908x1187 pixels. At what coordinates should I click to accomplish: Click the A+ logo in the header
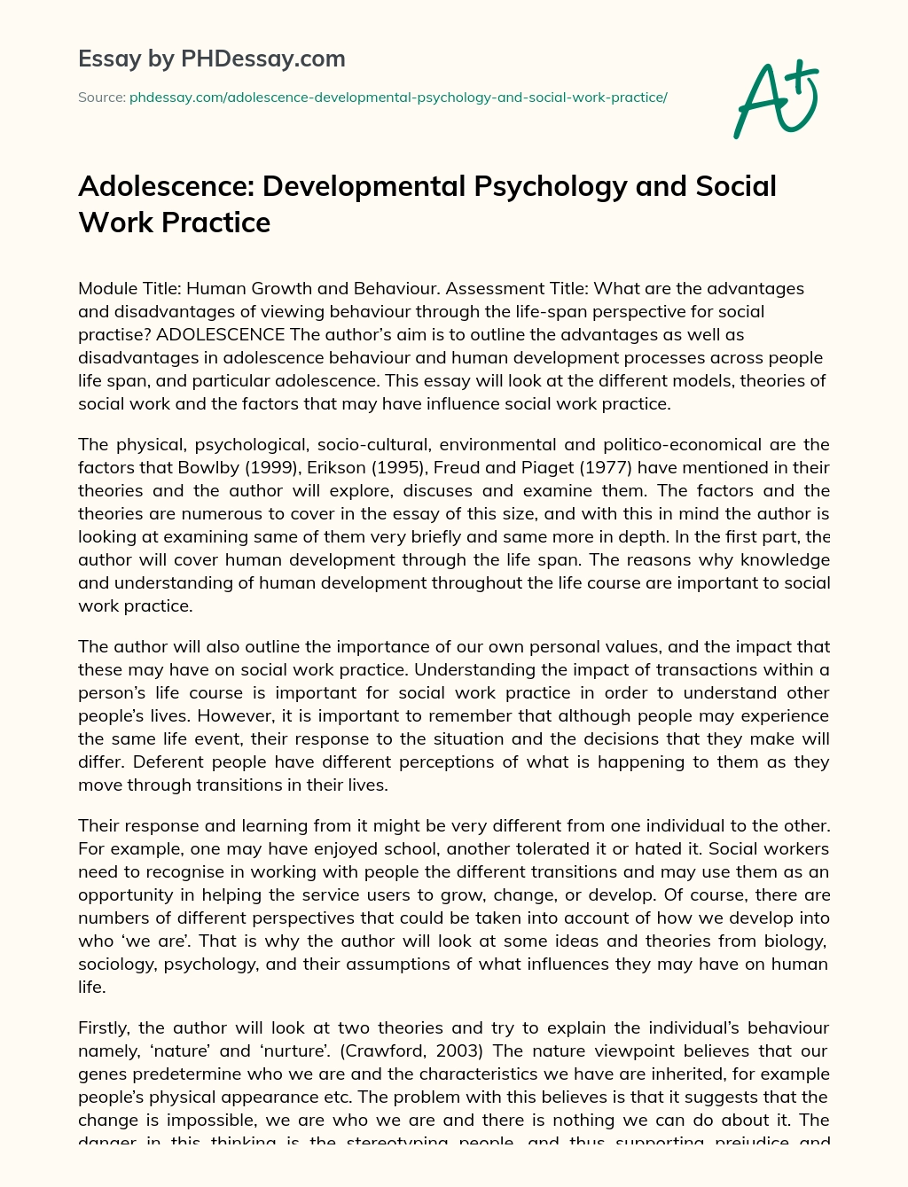click(775, 99)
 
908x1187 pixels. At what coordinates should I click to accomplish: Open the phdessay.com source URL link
click(398, 97)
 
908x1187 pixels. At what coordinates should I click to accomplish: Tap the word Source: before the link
click(101, 97)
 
